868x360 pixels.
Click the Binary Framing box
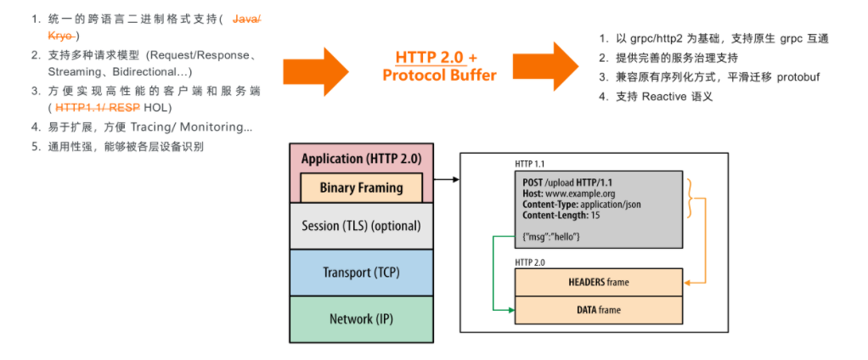click(362, 187)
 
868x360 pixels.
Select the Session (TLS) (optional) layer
click(362, 226)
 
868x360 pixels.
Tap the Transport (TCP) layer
click(362, 273)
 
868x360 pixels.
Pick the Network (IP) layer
click(362, 319)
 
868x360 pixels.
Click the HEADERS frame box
click(599, 283)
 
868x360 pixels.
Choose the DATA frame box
click(599, 310)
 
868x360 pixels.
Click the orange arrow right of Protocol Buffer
click(545, 67)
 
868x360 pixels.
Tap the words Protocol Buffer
click(440, 76)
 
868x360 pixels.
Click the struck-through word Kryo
click(61, 36)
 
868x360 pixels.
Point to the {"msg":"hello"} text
click(551, 237)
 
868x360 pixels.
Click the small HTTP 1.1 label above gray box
click(530, 165)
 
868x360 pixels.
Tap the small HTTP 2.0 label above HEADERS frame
click(530, 262)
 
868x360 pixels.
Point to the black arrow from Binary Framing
click(447, 180)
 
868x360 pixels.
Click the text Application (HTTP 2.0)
click(362, 159)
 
